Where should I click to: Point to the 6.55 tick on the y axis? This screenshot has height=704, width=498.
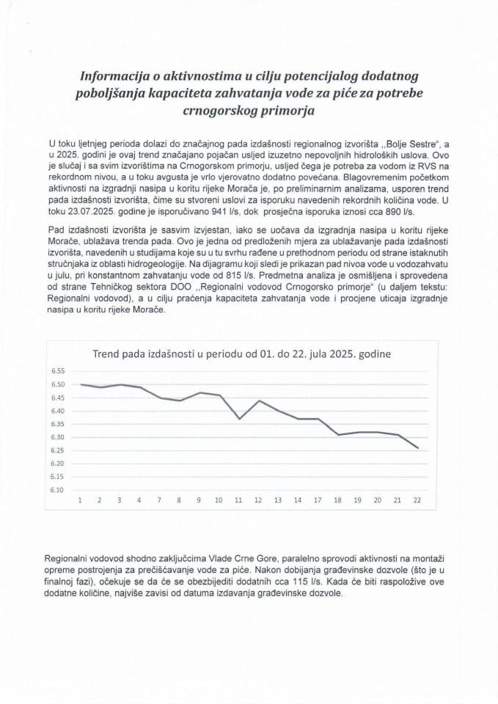click(58, 371)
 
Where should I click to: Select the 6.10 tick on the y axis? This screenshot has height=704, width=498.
click(58, 490)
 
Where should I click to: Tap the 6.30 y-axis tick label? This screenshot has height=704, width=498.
click(58, 437)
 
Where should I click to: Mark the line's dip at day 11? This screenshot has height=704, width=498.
click(238, 419)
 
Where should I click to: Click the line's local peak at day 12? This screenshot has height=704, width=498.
click(258, 400)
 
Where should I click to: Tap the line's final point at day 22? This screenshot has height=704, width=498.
click(418, 448)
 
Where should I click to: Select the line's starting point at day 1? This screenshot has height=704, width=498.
click(79, 384)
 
